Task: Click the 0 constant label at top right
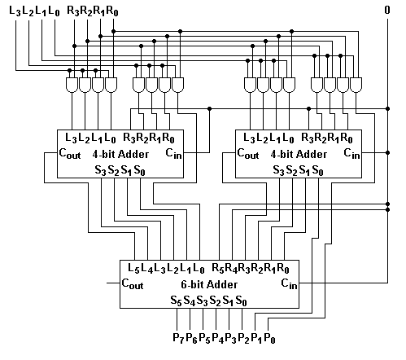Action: click(x=387, y=10)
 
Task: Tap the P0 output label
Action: click(x=269, y=338)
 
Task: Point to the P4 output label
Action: click(x=217, y=338)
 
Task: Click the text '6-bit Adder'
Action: click(x=209, y=284)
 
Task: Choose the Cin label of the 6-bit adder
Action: click(x=289, y=284)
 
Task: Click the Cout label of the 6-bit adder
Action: click(x=133, y=284)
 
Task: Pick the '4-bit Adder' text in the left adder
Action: click(x=120, y=154)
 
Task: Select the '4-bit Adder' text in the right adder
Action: click(x=299, y=154)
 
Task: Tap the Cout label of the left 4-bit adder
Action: click(x=70, y=154)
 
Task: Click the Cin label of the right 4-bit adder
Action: click(x=351, y=154)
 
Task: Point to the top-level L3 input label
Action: click(x=15, y=11)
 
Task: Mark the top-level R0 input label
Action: click(x=112, y=11)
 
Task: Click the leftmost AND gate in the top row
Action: click(x=72, y=85)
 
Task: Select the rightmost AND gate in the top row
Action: click(x=356, y=85)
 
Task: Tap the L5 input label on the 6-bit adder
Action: click(x=133, y=269)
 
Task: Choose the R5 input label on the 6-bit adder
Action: click(x=218, y=269)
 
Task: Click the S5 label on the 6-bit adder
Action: click(x=176, y=301)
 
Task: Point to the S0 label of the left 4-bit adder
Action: click(x=139, y=171)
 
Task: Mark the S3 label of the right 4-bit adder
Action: click(x=278, y=171)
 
